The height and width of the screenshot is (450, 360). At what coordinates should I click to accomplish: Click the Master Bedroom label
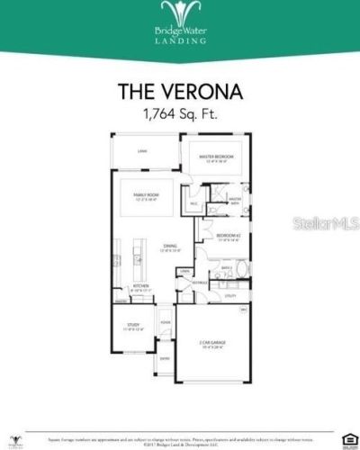[215, 157]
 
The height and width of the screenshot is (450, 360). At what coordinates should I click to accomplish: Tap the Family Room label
[147, 195]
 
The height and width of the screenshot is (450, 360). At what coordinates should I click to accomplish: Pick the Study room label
[132, 326]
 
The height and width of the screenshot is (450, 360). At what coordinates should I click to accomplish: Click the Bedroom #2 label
[227, 235]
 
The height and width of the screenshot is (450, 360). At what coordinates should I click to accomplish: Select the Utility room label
[230, 295]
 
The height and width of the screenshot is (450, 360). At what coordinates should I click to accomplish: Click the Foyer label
[166, 321]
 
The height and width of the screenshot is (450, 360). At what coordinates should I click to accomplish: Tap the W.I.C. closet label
[193, 203]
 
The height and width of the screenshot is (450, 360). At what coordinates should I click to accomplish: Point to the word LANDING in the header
[179, 40]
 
